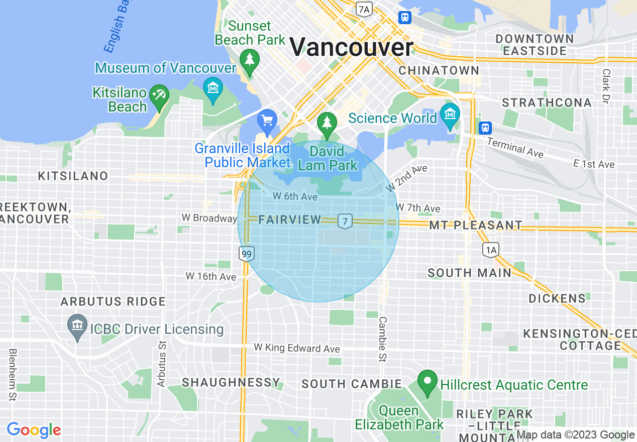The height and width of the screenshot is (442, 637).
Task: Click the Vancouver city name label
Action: click(x=351, y=47)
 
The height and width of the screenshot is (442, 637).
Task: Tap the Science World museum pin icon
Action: click(x=450, y=115)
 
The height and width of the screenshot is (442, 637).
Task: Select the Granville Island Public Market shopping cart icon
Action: click(x=267, y=121)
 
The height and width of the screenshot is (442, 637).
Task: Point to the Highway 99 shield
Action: click(x=246, y=254)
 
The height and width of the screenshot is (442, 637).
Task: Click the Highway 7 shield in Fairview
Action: click(x=345, y=221)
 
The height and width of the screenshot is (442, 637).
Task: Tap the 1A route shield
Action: click(x=490, y=249)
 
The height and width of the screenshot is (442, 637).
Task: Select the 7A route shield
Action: click(x=364, y=9)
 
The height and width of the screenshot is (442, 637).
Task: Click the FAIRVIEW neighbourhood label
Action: click(x=290, y=219)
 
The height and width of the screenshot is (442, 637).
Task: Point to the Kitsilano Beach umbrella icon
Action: click(x=160, y=95)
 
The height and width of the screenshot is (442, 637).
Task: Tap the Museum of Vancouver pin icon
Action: click(x=213, y=88)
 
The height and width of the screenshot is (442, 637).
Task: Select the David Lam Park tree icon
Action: click(x=327, y=123)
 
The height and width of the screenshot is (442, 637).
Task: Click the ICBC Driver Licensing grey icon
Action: click(x=77, y=325)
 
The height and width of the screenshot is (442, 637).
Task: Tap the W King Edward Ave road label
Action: click(x=296, y=348)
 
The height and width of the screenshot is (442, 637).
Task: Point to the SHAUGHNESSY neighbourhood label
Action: click(x=231, y=382)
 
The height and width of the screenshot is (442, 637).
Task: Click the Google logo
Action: click(x=34, y=430)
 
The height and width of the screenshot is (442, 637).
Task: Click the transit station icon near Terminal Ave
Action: click(x=485, y=128)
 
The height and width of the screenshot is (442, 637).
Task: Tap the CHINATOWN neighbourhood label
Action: click(x=439, y=71)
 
